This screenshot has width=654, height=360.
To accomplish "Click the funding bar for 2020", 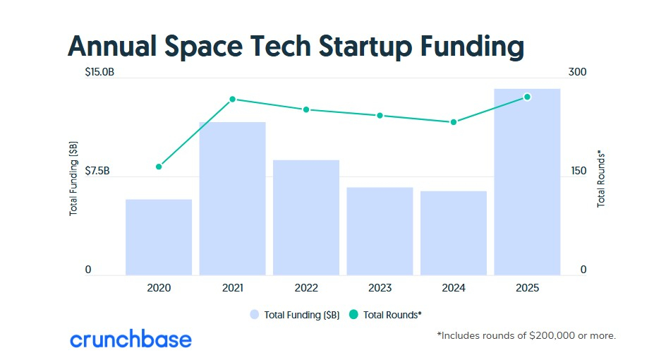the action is (159, 237).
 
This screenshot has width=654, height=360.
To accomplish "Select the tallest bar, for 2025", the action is (527, 182).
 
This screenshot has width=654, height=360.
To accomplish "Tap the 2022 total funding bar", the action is (306, 217).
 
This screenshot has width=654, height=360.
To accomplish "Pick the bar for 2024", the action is (454, 233).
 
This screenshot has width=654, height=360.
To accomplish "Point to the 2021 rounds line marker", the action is (233, 100).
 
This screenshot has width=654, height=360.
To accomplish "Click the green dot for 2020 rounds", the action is (159, 167).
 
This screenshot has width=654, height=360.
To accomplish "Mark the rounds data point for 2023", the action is (380, 116).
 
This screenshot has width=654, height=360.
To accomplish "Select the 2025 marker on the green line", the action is (527, 97).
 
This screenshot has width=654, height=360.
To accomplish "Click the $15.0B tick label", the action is (99, 72).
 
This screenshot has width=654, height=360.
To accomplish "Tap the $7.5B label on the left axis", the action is (97, 171).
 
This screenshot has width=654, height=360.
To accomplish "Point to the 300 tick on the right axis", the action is (577, 72).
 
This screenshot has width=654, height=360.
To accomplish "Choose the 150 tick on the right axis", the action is (579, 171).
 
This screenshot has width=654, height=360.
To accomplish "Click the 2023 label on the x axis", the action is (380, 288).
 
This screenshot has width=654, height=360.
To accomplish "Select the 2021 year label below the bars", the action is (233, 288).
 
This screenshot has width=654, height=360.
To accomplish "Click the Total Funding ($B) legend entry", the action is (295, 315).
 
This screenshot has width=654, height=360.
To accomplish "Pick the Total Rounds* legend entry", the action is (385, 315).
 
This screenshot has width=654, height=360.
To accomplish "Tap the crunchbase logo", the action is (131, 339).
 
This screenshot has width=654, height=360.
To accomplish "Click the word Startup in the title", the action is (365, 47).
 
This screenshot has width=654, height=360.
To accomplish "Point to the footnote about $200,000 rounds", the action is (526, 335).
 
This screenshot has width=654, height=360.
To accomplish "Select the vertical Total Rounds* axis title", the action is (601, 179).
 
